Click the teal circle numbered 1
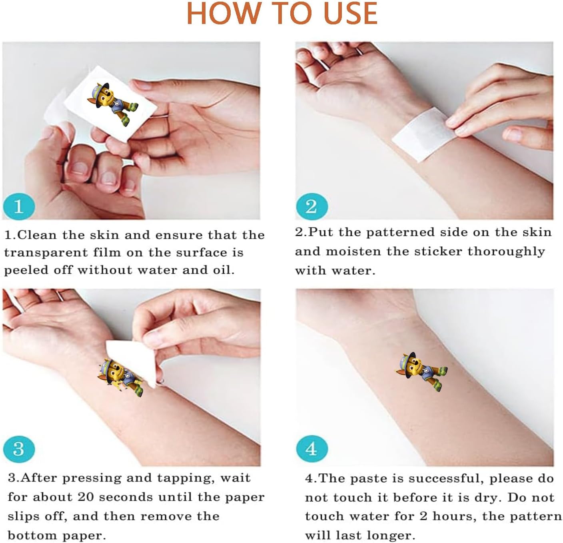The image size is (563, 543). (19, 206)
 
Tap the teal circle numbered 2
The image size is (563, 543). (311, 206)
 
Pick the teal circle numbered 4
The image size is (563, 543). (312, 449)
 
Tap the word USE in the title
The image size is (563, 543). (350, 13)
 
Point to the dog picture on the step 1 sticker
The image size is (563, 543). (113, 104)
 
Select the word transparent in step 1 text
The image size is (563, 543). (46, 253)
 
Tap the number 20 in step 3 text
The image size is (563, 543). (86, 497)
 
